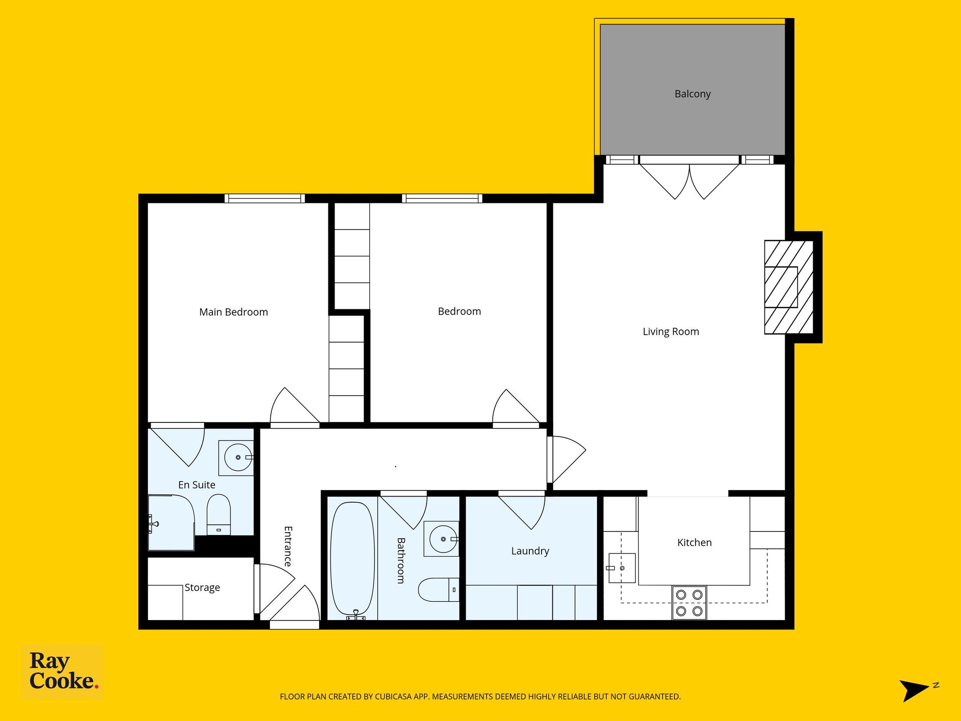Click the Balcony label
tap(693, 94)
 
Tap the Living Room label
tap(671, 332)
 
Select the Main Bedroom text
tap(234, 312)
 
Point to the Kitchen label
tap(694, 543)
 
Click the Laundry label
tap(530, 551)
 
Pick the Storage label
tap(202, 588)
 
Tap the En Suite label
tap(197, 485)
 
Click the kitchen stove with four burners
tap(689, 603)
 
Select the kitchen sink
tap(622, 568)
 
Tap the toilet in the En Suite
tap(219, 514)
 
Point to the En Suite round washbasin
tap(238, 457)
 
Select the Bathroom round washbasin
tap(443, 539)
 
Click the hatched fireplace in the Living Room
tap(789, 287)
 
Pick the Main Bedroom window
tap(265, 199)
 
